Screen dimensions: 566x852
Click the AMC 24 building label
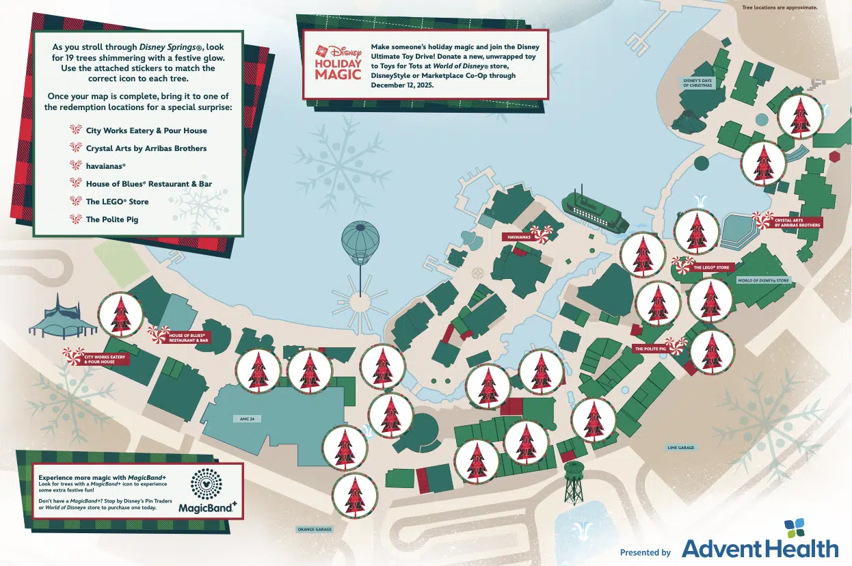pos(238,418)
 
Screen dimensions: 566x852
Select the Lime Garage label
pos(680,448)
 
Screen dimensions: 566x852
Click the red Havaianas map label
pos(520,237)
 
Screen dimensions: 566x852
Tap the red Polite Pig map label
pos(650,349)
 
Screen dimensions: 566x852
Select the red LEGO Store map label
pos(711,267)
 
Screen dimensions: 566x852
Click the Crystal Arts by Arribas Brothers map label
pos(797,222)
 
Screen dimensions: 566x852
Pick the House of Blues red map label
pos(187,338)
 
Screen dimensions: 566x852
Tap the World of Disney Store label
pos(763,280)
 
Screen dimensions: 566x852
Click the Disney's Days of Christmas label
pos(697,83)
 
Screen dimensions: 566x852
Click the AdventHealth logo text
pos(760,548)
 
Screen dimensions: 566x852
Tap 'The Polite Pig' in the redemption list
pos(111,219)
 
